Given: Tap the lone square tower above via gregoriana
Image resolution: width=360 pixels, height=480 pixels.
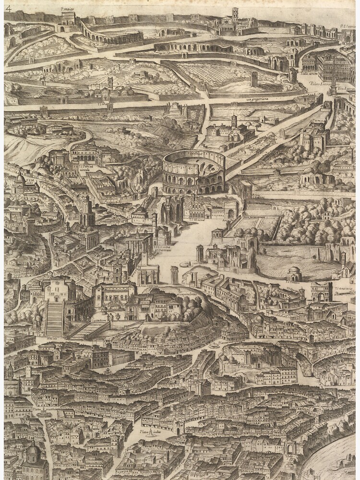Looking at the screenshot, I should tap(254, 78).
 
